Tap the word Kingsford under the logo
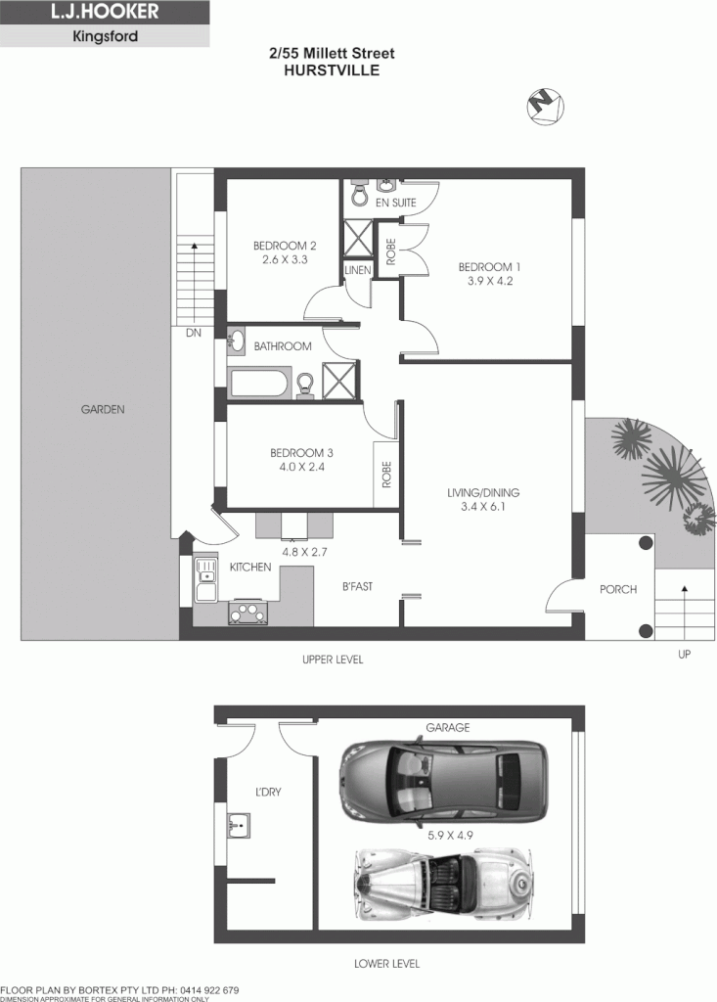pos(104,38)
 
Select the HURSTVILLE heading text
pos(332,71)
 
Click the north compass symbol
pos(542,105)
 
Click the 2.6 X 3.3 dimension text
pos(285,260)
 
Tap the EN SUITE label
pos(396,203)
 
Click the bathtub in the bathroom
pos(259,383)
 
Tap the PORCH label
pos(618,589)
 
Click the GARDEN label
pos(103,410)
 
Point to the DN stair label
pos(193,333)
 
